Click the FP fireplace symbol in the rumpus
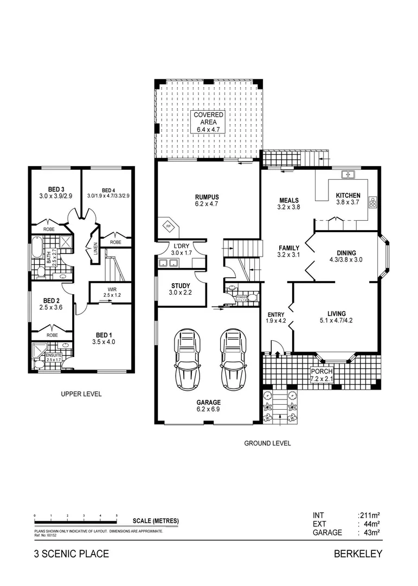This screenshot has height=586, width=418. (x=168, y=225)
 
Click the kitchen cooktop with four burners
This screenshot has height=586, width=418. (x=373, y=202)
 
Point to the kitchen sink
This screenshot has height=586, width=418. (x=347, y=175)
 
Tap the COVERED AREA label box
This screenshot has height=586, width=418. (x=208, y=123)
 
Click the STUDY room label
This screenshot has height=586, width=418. (x=180, y=286)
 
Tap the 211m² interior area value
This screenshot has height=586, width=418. (x=369, y=515)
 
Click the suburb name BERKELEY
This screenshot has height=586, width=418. (x=359, y=554)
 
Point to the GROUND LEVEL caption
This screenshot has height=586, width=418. (x=267, y=443)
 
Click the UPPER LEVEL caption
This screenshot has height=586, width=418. (x=81, y=394)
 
